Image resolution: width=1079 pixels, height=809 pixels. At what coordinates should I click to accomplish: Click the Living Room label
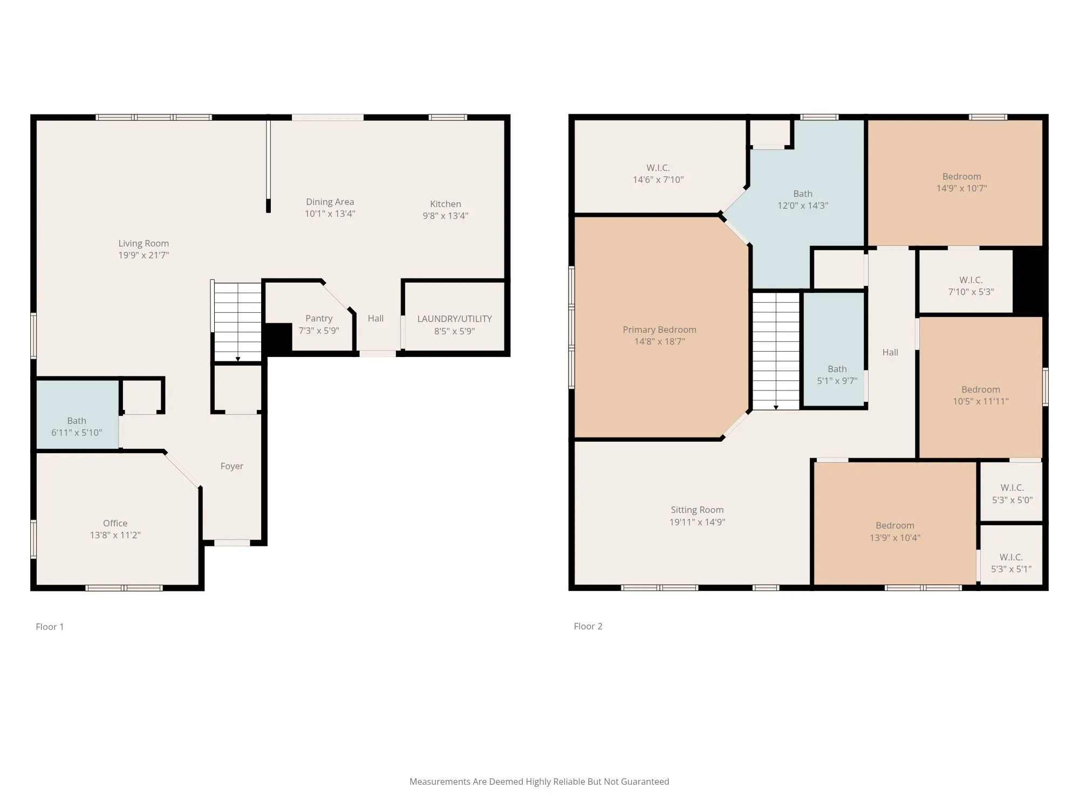(144, 243)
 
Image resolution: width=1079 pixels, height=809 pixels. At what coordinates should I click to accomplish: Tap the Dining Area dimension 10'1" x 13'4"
(330, 214)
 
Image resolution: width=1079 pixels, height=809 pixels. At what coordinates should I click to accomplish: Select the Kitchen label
(446, 204)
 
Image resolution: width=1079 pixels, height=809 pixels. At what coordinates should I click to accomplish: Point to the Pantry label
(319, 318)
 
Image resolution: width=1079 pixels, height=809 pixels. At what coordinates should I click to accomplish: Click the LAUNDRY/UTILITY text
(454, 319)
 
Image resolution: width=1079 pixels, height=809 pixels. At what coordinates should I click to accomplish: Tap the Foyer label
(232, 466)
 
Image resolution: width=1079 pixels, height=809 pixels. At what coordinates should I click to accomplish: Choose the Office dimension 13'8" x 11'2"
(115, 535)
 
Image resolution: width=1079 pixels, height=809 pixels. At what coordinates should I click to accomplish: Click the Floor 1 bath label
(77, 421)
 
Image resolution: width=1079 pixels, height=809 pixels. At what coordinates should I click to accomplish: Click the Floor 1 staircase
(238, 321)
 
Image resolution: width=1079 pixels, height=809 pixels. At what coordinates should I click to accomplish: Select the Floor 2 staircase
(776, 351)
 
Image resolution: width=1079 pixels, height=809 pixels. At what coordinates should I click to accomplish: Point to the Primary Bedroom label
(659, 330)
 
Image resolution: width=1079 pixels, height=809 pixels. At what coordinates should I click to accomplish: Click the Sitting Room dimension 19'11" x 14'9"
(697, 522)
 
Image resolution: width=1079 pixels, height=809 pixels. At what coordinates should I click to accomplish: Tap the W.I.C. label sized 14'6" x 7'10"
(658, 168)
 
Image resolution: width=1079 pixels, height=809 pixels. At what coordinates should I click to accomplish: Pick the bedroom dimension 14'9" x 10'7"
(962, 188)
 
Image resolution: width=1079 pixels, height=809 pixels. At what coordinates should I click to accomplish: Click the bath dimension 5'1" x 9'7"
(837, 381)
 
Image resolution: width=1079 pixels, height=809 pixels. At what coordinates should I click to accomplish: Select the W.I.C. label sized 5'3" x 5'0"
(1012, 488)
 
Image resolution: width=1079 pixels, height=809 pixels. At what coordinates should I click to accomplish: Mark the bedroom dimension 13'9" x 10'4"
(895, 538)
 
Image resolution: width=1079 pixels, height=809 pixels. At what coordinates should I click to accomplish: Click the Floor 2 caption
(588, 626)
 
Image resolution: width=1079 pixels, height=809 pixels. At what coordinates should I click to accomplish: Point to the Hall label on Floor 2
(890, 352)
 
